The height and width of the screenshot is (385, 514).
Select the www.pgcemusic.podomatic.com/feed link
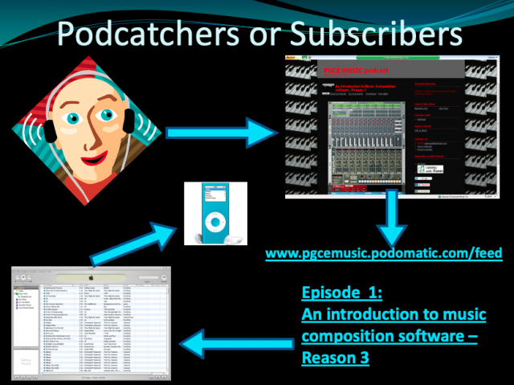pos(384,254)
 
